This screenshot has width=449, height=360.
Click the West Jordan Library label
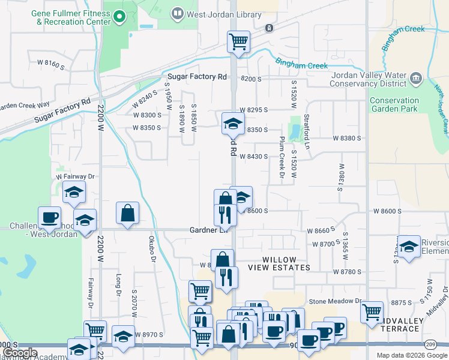point(223,14)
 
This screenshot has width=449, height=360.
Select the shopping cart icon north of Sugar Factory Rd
point(238,43)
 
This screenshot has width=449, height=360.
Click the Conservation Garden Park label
point(394,105)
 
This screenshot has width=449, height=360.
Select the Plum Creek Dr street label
point(281,157)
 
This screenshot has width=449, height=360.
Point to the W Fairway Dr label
point(76,176)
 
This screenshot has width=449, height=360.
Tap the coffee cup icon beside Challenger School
point(49,217)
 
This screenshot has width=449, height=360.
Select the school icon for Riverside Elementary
point(409,247)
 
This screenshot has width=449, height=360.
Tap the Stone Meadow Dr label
point(335,301)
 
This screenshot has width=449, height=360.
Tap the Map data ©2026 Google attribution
point(411,355)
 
